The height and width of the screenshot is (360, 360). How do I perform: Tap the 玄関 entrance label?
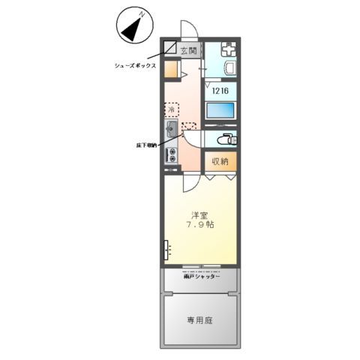189,51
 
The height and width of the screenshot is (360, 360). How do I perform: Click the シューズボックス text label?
135,66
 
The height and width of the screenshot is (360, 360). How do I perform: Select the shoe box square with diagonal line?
171,50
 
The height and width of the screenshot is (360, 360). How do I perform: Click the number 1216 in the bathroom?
220,91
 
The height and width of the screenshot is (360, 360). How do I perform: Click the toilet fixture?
226,139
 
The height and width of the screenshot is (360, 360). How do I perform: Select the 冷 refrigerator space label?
172,109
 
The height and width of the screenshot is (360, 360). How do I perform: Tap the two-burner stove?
172,156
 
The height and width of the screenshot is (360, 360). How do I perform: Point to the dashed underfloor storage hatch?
188,128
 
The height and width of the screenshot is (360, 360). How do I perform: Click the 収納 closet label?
219,161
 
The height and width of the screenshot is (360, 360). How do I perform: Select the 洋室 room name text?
199,213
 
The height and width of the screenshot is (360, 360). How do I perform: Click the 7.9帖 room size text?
199,224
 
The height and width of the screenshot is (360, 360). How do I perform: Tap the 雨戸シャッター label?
201,277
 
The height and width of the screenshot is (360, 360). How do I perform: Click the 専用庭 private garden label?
199,320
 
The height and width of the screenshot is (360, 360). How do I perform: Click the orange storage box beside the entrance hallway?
172,71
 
